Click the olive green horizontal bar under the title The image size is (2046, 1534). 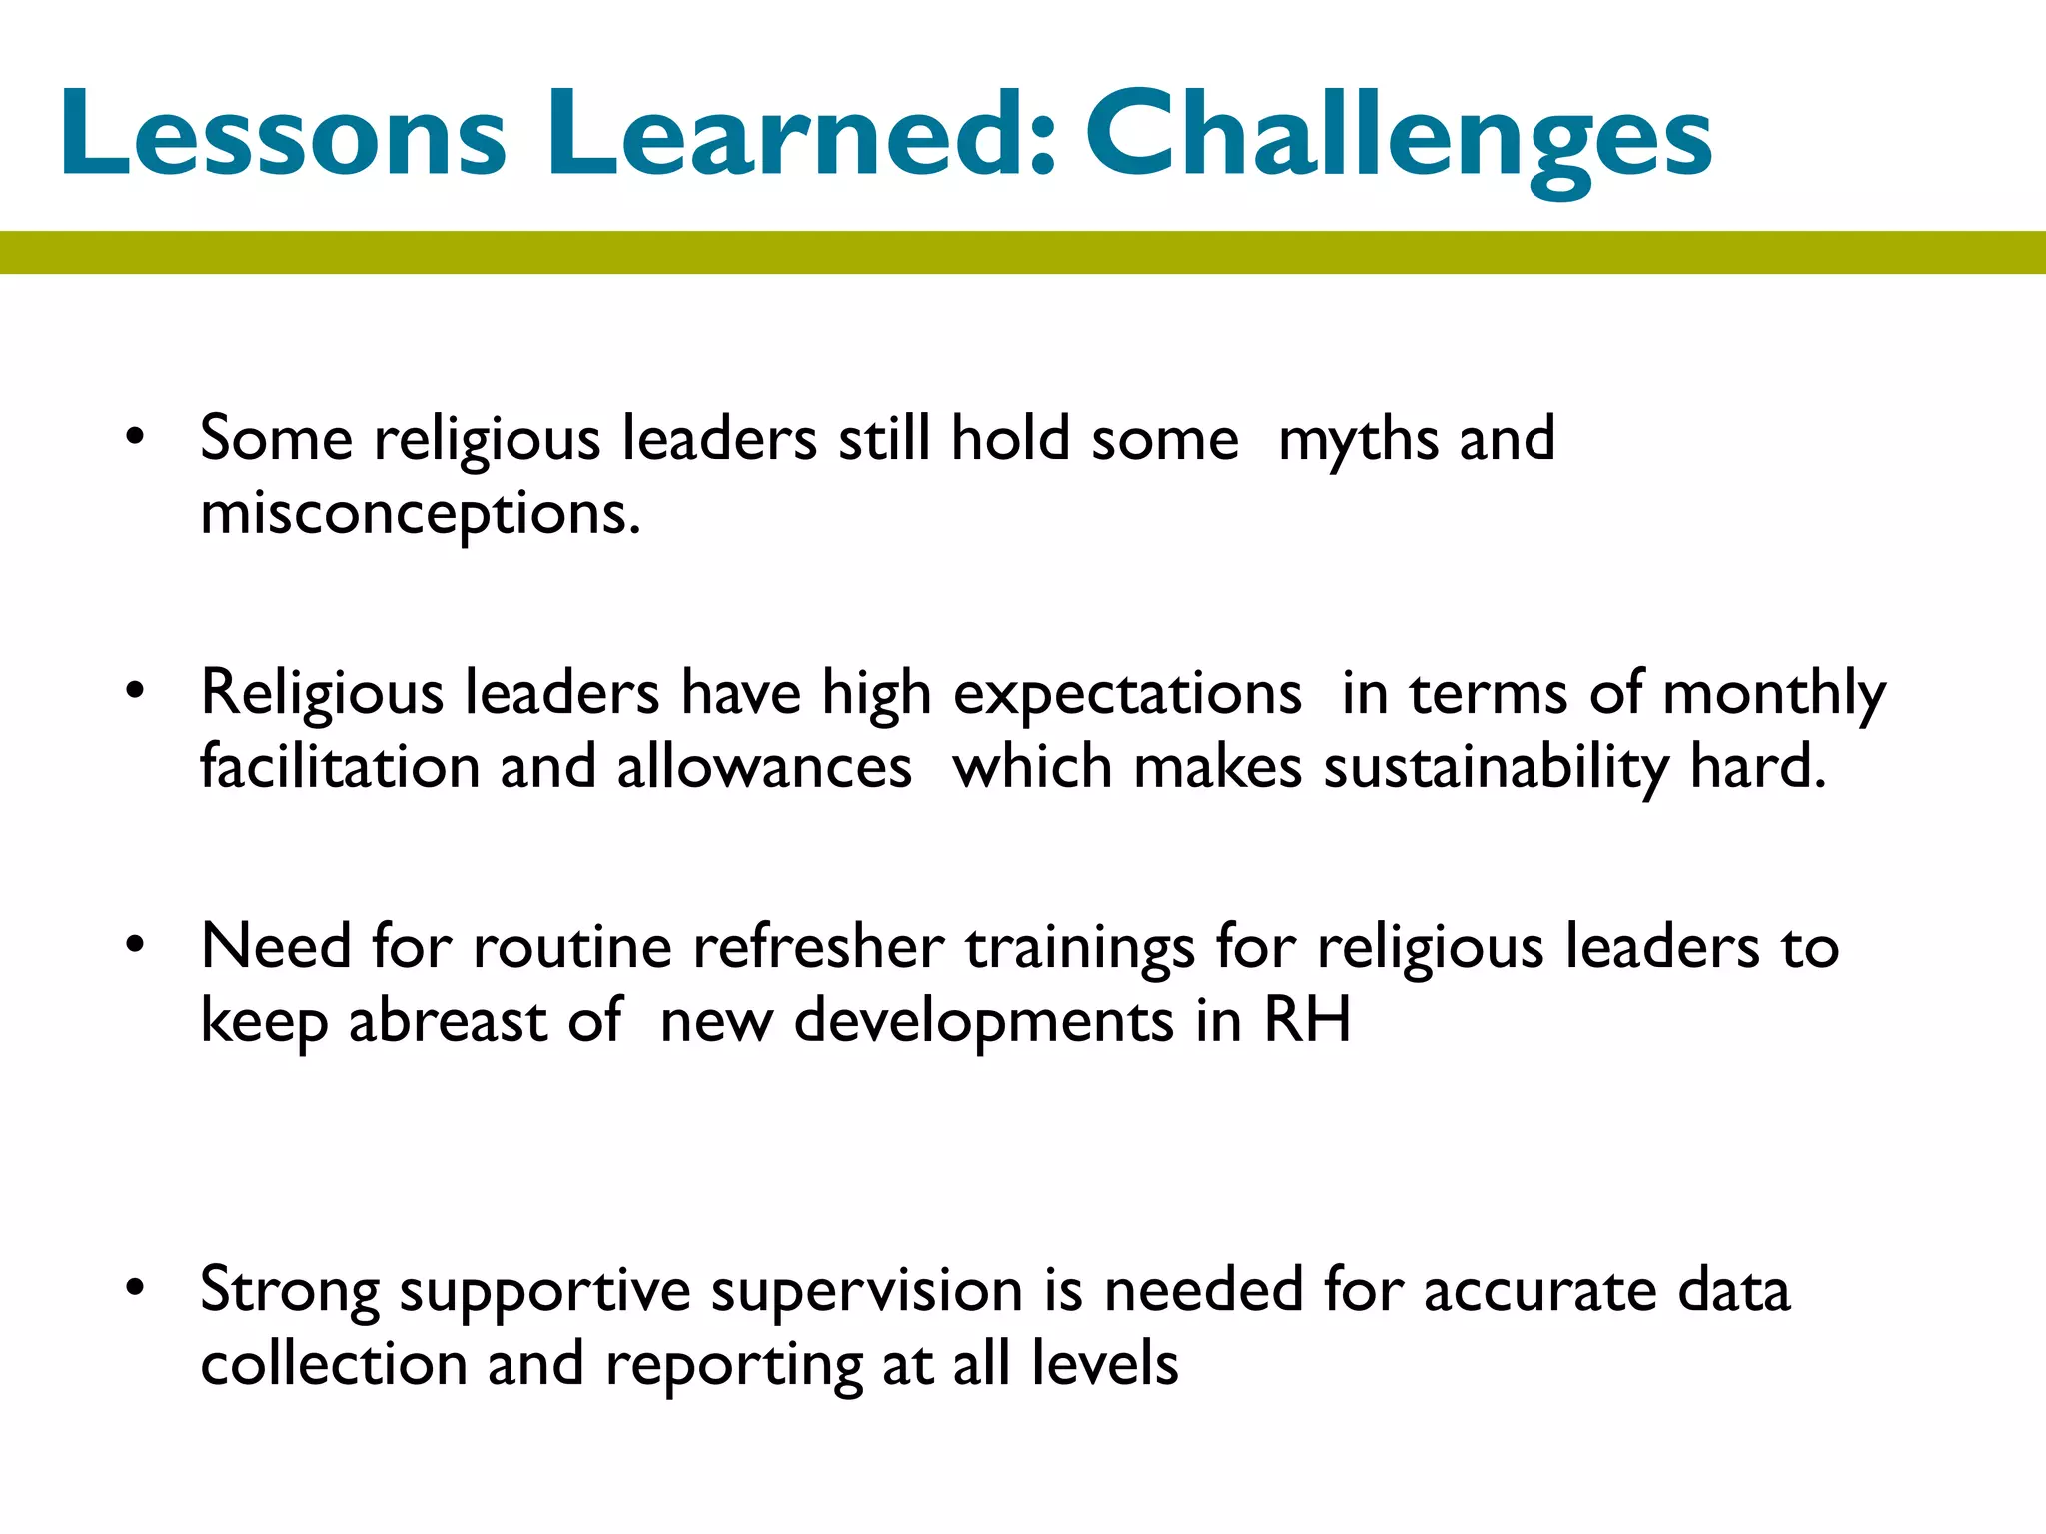click(1023, 252)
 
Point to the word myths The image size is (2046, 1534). click(1358, 439)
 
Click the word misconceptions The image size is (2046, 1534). click(420, 515)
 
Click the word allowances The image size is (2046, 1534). click(764, 768)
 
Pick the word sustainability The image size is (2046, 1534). click(1496, 768)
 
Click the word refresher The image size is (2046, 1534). click(818, 947)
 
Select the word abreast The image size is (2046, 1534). click(448, 1021)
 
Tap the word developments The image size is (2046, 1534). click(983, 1021)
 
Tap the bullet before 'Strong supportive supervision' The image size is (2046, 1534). click(136, 1287)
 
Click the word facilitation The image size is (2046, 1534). click(340, 768)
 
